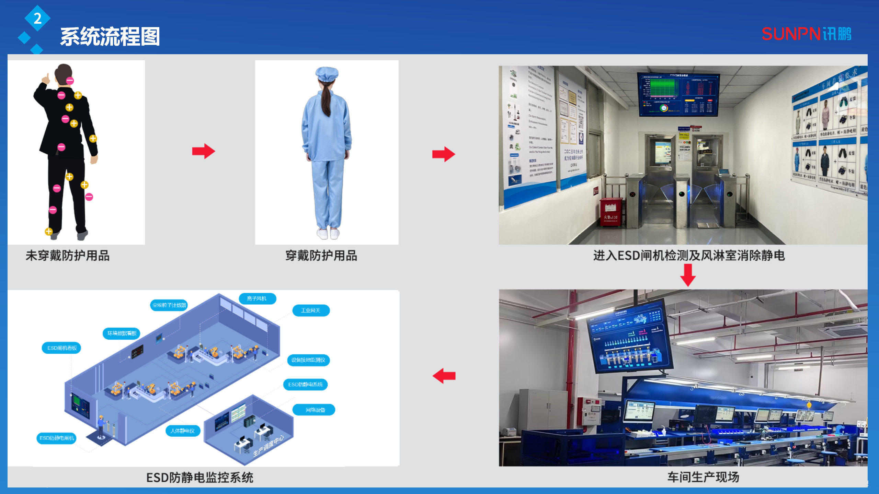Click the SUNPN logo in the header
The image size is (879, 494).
[x=806, y=34]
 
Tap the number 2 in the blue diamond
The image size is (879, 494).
[x=37, y=18]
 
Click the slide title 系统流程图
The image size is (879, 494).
[x=110, y=37]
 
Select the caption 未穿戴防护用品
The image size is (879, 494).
[x=68, y=256]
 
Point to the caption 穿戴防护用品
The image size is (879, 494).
[x=321, y=256]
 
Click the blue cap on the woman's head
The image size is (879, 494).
[x=327, y=74]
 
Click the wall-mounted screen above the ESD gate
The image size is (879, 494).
[x=678, y=94]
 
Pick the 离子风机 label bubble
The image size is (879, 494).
[x=257, y=298]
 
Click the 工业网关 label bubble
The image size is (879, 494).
[x=311, y=310]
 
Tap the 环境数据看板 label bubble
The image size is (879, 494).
[x=122, y=333]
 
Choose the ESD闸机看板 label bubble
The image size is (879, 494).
[x=62, y=348]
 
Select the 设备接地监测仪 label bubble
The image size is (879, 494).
[x=308, y=360]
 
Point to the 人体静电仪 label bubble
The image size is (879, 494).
[x=183, y=431]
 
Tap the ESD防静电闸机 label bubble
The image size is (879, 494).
[x=57, y=438]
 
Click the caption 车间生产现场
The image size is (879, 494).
[x=703, y=477]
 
